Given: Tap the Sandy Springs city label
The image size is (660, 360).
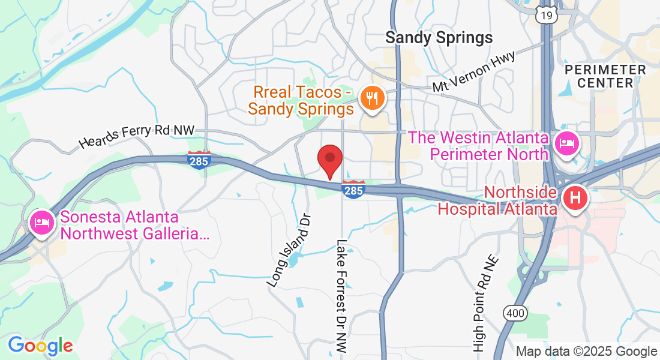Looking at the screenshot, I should click(439, 38).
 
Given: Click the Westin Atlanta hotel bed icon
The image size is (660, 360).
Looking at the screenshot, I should click(566, 143).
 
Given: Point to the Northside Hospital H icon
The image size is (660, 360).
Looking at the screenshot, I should click(575, 198).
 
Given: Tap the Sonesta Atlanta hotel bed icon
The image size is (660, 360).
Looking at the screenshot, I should click(41, 222).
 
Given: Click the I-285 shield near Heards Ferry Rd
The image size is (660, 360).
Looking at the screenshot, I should click(199, 160).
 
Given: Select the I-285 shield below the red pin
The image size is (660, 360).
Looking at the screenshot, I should click(353, 189).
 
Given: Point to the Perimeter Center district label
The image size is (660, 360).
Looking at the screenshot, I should click(605, 76).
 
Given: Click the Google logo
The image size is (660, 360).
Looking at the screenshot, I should click(40, 346).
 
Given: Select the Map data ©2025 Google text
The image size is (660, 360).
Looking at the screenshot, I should click(586, 352).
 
